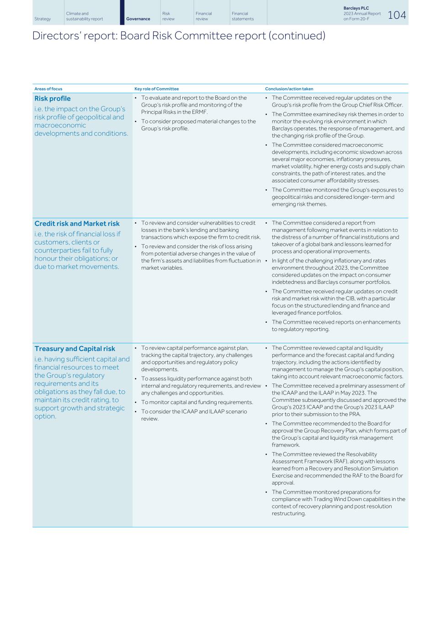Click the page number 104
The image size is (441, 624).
coord(396,15)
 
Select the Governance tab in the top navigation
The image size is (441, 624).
coord(138,19)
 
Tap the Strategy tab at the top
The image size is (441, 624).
coord(43,19)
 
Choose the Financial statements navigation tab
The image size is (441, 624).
coord(242,16)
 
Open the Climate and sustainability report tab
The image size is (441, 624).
coord(84,16)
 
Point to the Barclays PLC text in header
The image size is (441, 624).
coord(356,8)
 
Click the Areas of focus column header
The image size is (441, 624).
coord(48,89)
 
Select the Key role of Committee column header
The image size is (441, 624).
coord(156,89)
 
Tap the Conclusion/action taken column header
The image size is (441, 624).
coord(289,89)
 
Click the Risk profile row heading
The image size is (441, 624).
coord(53,98)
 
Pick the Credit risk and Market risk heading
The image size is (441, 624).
coord(77,224)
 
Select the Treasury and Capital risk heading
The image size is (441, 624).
coord(74,349)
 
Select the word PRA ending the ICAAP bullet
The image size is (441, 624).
coord(355,414)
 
